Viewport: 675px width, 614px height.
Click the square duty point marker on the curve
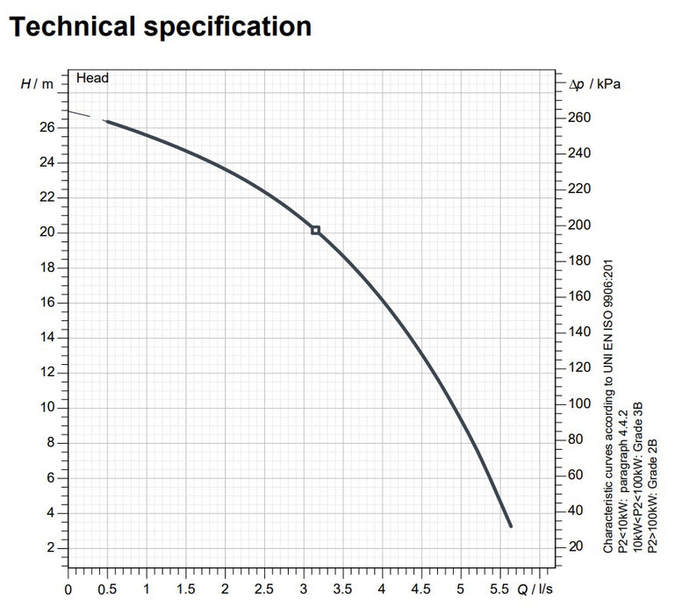[316, 231]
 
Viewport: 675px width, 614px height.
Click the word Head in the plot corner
[92, 78]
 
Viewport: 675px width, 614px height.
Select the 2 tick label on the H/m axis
[50, 548]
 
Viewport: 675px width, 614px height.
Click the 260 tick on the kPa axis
[579, 118]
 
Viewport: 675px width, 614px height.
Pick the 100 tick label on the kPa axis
[579, 403]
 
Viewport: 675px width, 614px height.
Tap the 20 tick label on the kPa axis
[577, 546]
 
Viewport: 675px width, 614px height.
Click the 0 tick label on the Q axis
[68, 589]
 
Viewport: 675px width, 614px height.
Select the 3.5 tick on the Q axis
[343, 589]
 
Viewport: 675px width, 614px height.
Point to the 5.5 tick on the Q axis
[500, 589]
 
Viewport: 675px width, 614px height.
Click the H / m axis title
[37, 83]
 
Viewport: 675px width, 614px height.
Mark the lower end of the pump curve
[510, 525]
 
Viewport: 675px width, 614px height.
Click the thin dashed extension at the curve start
[85, 116]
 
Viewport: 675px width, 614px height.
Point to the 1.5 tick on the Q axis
[186, 589]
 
